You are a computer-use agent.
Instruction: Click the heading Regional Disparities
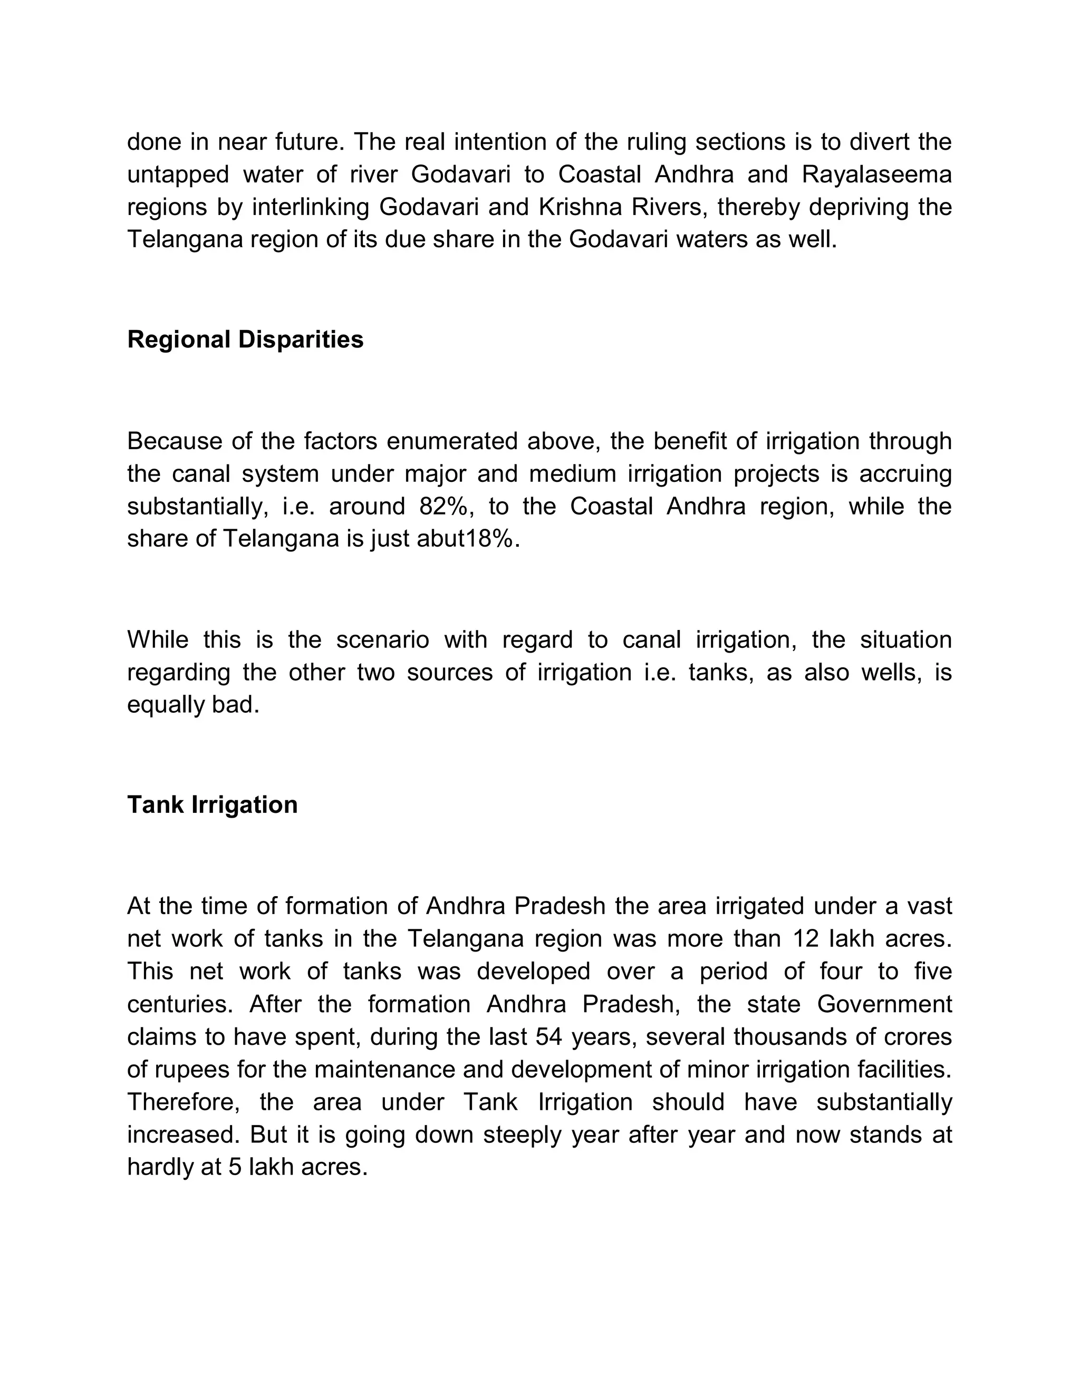tap(245, 339)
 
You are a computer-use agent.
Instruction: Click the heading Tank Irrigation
tap(213, 804)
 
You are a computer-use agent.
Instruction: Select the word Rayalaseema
tap(876, 174)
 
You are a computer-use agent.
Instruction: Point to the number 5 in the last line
tap(234, 1167)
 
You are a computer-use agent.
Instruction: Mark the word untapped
tap(177, 174)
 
